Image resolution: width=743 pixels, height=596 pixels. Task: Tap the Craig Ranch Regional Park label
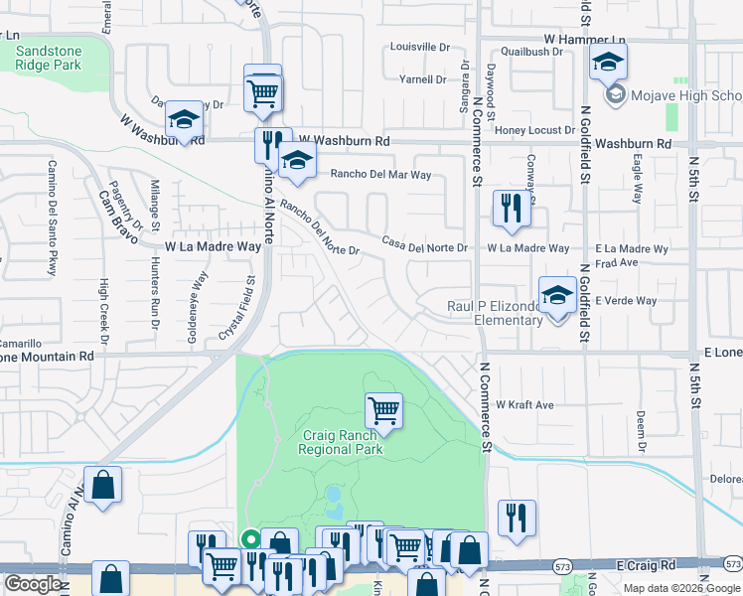click(x=342, y=442)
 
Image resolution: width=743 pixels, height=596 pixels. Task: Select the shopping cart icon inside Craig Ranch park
click(x=383, y=408)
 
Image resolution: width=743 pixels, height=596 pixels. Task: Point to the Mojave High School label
click(x=684, y=95)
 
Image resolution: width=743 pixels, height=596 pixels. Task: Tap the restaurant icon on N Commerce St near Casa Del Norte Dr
click(x=512, y=208)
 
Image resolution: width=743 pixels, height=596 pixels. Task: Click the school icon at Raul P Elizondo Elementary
click(x=558, y=294)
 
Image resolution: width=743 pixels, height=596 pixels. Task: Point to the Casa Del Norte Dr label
click(x=425, y=244)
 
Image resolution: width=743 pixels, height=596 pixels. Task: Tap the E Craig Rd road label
click(x=646, y=564)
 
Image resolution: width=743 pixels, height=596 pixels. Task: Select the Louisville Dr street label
click(x=420, y=47)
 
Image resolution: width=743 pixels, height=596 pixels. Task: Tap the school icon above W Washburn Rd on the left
click(x=184, y=120)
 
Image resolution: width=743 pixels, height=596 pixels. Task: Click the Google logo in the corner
click(x=33, y=584)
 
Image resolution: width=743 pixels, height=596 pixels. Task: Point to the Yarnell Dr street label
click(x=423, y=79)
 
